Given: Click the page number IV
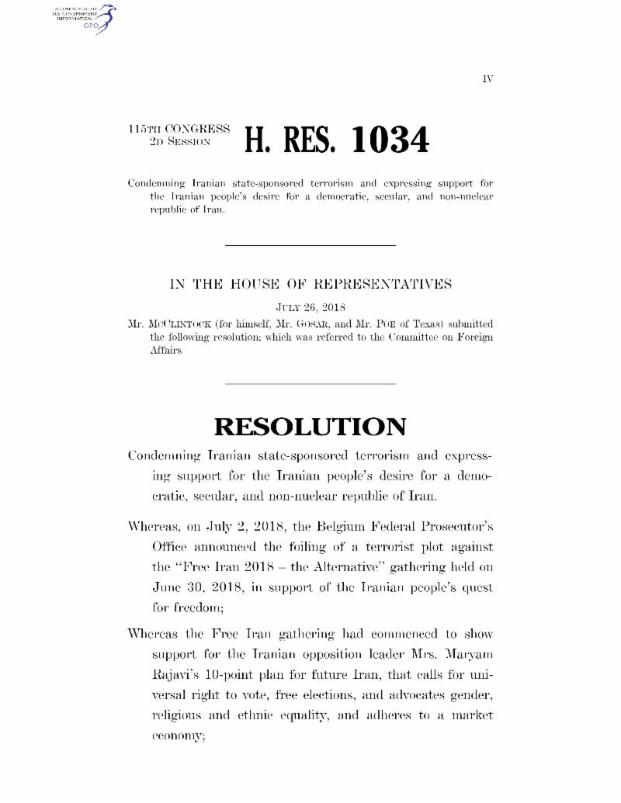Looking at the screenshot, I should click(x=487, y=79).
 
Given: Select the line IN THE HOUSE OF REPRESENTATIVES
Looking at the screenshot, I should click(x=310, y=284).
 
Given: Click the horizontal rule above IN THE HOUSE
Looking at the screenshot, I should click(x=310, y=246).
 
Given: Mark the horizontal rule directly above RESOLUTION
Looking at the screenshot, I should click(x=310, y=383).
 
